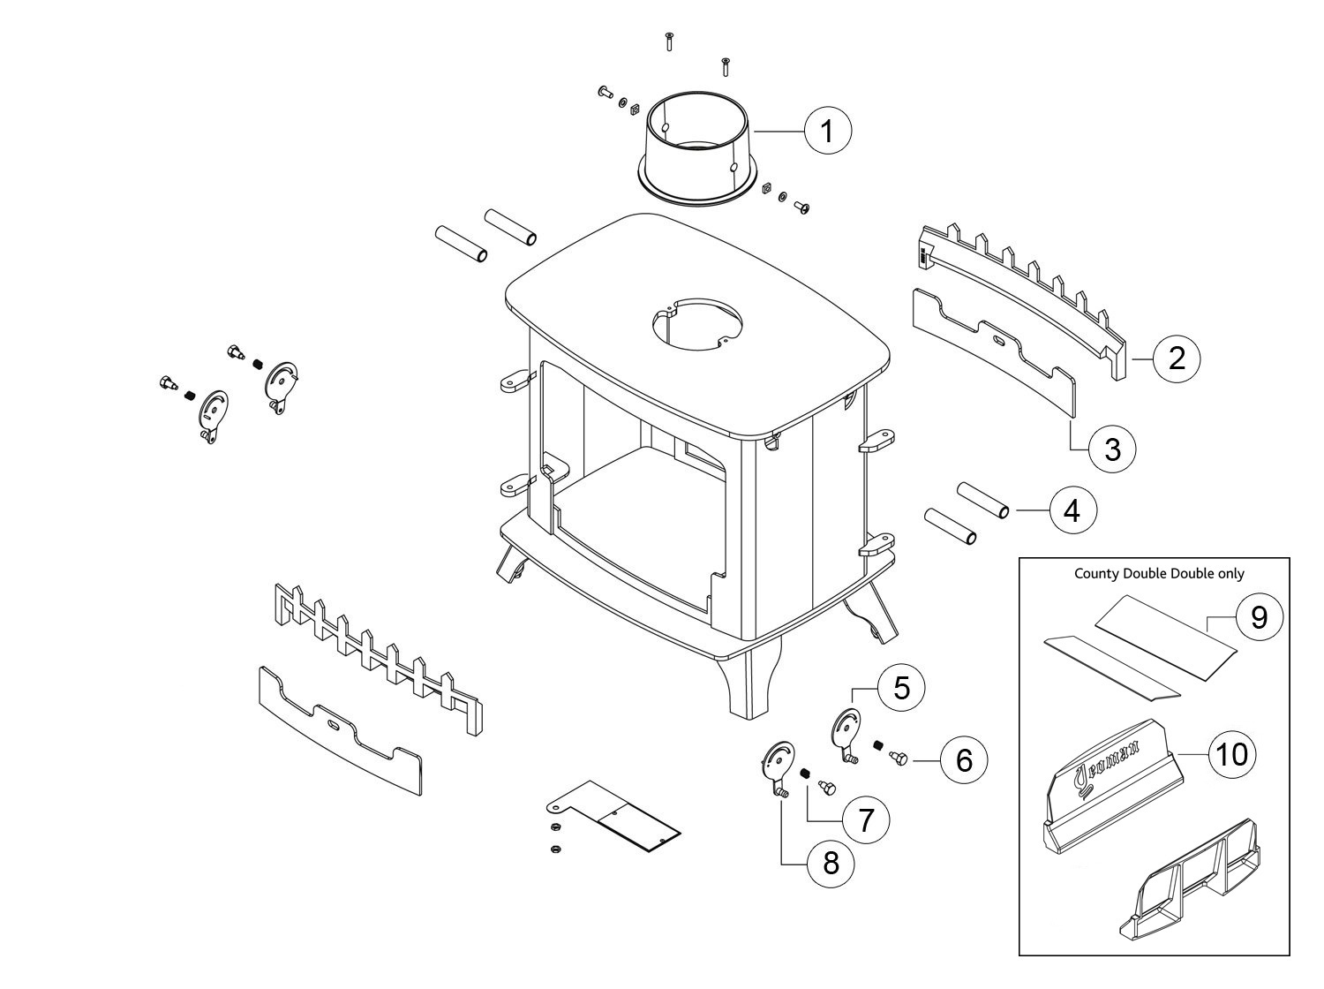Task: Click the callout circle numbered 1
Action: pyautogui.click(x=828, y=131)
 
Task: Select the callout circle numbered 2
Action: pyautogui.click(x=1177, y=359)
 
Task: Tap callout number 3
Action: pyautogui.click(x=1112, y=449)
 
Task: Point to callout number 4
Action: pyautogui.click(x=1073, y=510)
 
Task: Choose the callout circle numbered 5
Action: pyautogui.click(x=901, y=687)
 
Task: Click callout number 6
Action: pyautogui.click(x=964, y=760)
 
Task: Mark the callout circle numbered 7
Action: pyautogui.click(x=866, y=820)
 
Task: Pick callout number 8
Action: pyautogui.click(x=831, y=864)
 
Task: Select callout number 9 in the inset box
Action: pyautogui.click(x=1260, y=617)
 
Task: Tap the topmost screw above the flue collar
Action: pyautogui.click(x=669, y=43)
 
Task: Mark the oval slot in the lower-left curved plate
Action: pyautogui.click(x=333, y=723)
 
